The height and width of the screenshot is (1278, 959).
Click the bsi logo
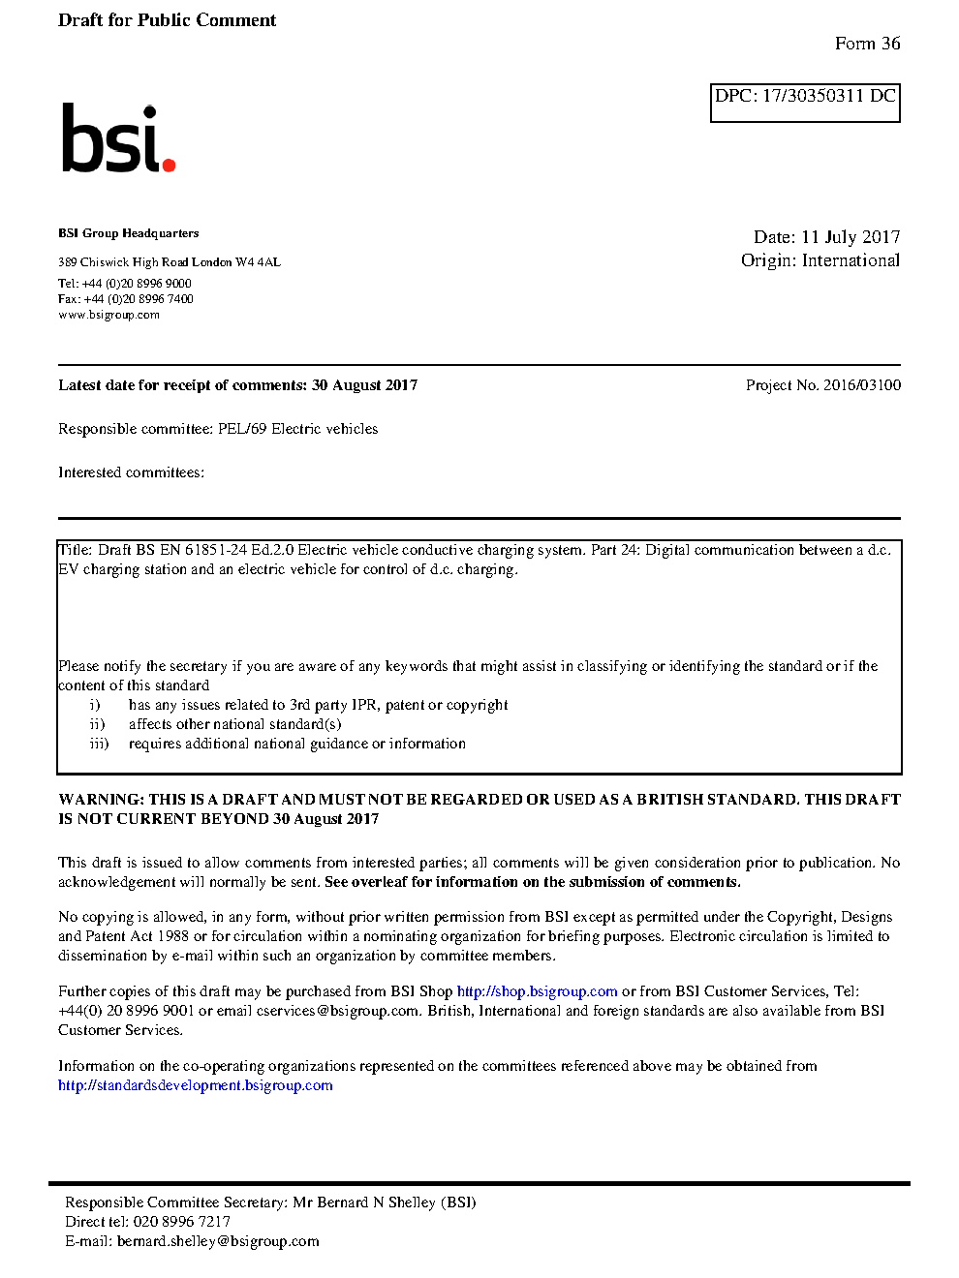(117, 138)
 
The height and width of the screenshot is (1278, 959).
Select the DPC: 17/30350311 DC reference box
(805, 103)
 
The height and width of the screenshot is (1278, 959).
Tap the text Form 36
(867, 44)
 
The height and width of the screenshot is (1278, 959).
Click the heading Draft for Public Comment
(167, 20)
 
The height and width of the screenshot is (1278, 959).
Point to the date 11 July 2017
(851, 237)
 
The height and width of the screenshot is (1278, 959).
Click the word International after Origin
(851, 260)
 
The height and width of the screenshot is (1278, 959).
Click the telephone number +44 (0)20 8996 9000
(137, 284)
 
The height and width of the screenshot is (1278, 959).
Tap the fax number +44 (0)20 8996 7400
(139, 299)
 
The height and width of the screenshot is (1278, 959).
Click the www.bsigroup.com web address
(108, 315)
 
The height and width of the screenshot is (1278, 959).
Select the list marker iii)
(99, 744)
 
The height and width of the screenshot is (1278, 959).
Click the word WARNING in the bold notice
(101, 800)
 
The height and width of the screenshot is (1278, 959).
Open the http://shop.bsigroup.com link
(537, 991)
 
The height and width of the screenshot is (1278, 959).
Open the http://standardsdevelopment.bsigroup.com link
(195, 1085)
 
